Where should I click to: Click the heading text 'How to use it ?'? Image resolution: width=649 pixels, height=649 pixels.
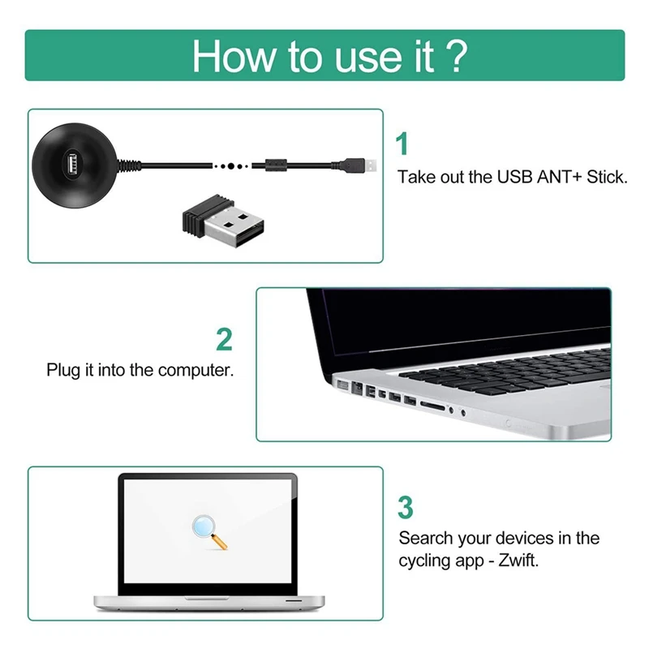(329, 55)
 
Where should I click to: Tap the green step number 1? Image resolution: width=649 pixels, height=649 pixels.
(402, 144)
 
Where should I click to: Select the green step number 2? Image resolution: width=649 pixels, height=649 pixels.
(224, 339)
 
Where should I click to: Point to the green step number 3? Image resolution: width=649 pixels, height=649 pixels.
(405, 507)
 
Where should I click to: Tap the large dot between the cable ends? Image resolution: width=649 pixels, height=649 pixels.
(233, 165)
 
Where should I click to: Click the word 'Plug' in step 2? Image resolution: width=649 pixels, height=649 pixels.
(62, 371)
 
